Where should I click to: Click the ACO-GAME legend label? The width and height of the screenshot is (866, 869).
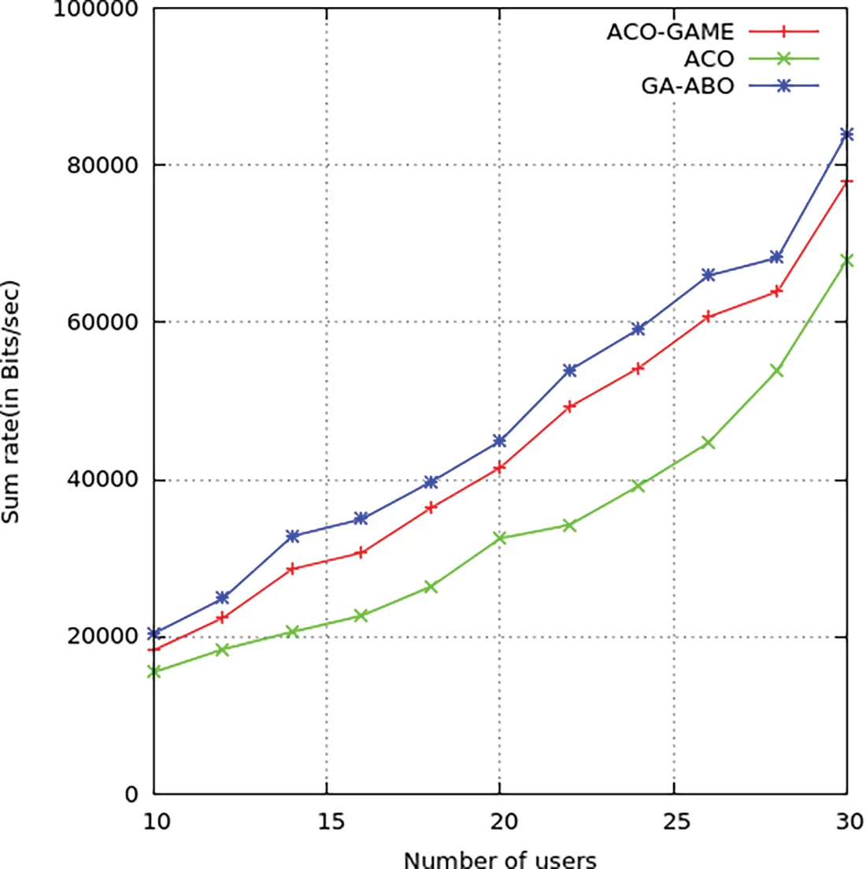click(x=669, y=32)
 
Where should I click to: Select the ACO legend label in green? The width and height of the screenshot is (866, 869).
click(x=709, y=59)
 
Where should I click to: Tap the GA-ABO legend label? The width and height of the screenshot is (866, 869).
click(x=687, y=85)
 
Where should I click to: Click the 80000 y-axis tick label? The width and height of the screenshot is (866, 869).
click(x=99, y=165)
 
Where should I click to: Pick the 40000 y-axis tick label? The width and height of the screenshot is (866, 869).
click(x=99, y=480)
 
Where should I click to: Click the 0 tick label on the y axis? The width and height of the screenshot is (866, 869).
click(x=131, y=794)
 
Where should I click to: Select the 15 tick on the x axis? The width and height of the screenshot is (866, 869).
click(x=327, y=822)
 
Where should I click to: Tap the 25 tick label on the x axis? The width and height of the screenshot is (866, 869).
click(x=674, y=822)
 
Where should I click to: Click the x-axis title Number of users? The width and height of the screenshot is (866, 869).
click(x=500, y=859)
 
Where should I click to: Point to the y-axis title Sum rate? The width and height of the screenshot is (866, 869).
click(x=11, y=401)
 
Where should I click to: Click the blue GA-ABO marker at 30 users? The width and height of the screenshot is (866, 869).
click(x=846, y=135)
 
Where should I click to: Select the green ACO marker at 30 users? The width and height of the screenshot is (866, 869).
click(x=846, y=260)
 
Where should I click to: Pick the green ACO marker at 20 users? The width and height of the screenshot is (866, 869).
click(x=500, y=538)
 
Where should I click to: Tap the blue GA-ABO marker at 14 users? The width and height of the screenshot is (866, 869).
click(x=293, y=536)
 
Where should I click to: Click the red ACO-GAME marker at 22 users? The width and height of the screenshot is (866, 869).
click(x=570, y=407)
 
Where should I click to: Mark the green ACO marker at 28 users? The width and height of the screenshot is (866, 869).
click(x=776, y=370)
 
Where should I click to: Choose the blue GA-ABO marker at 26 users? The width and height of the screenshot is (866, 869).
click(x=708, y=275)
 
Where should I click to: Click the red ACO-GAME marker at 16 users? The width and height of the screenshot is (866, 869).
click(x=361, y=553)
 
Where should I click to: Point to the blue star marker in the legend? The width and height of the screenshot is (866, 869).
click(x=783, y=85)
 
